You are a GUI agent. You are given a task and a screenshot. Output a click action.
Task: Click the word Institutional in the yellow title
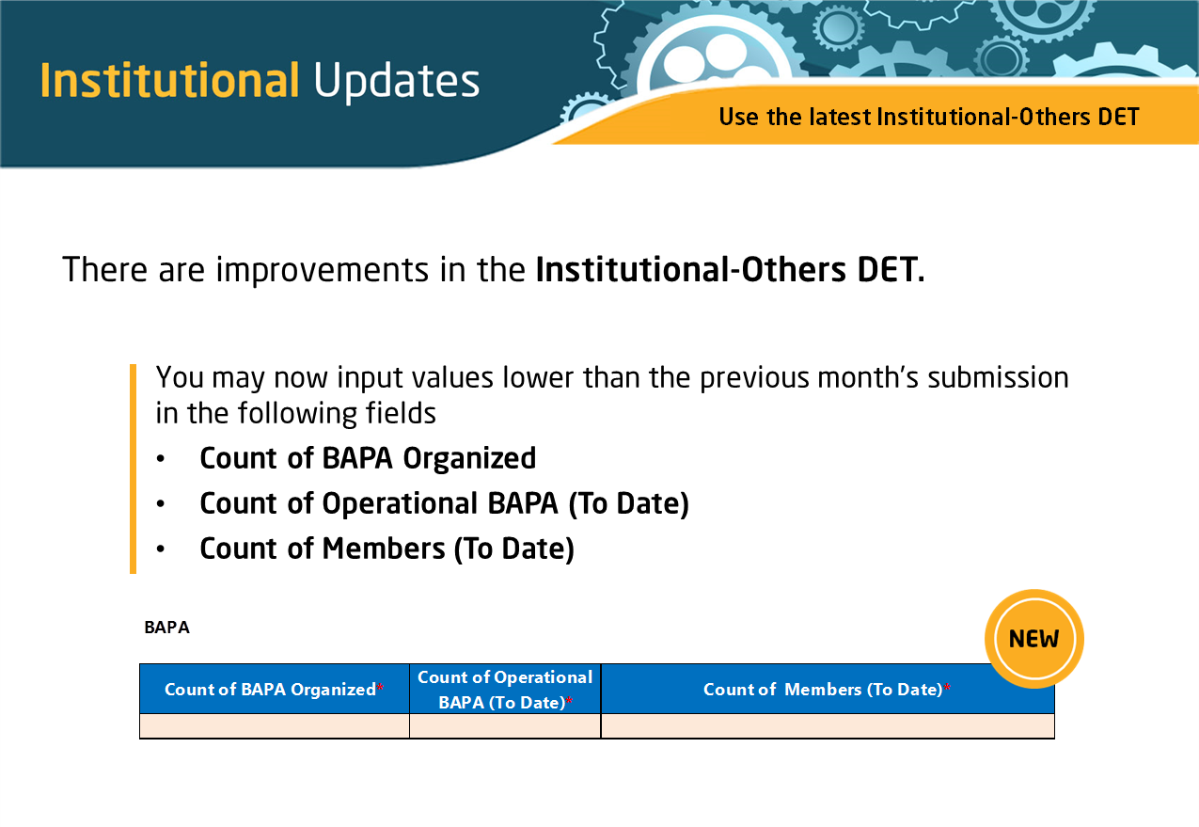[169, 80]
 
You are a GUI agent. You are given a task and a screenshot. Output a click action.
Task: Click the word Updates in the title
[397, 83]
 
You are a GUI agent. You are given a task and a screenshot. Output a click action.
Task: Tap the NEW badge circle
[1033, 639]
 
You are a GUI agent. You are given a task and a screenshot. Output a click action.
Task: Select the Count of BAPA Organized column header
[274, 689]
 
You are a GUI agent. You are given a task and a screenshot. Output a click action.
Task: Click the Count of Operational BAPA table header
[505, 689]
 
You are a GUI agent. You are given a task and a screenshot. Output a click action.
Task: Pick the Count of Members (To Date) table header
[828, 689]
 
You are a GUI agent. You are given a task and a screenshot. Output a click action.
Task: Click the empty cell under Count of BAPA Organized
[274, 725]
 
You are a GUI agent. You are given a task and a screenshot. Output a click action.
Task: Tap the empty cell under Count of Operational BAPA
[505, 725]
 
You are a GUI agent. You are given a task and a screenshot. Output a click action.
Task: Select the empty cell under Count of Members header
[828, 725]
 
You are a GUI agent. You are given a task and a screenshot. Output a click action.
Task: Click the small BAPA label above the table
[167, 628]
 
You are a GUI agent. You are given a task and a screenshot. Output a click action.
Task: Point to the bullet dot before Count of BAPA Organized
[161, 459]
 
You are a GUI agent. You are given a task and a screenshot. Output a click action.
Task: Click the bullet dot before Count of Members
[161, 549]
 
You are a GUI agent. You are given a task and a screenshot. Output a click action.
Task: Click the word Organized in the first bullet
[469, 459]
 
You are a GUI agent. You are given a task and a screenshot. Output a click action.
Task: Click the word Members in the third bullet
[384, 549]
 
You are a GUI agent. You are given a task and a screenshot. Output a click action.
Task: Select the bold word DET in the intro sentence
[891, 269]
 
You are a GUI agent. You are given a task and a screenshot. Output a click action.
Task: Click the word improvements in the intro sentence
[323, 270]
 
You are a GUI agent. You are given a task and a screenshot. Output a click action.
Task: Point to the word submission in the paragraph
[998, 377]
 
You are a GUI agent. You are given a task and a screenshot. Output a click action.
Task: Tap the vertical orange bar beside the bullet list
[134, 469]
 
